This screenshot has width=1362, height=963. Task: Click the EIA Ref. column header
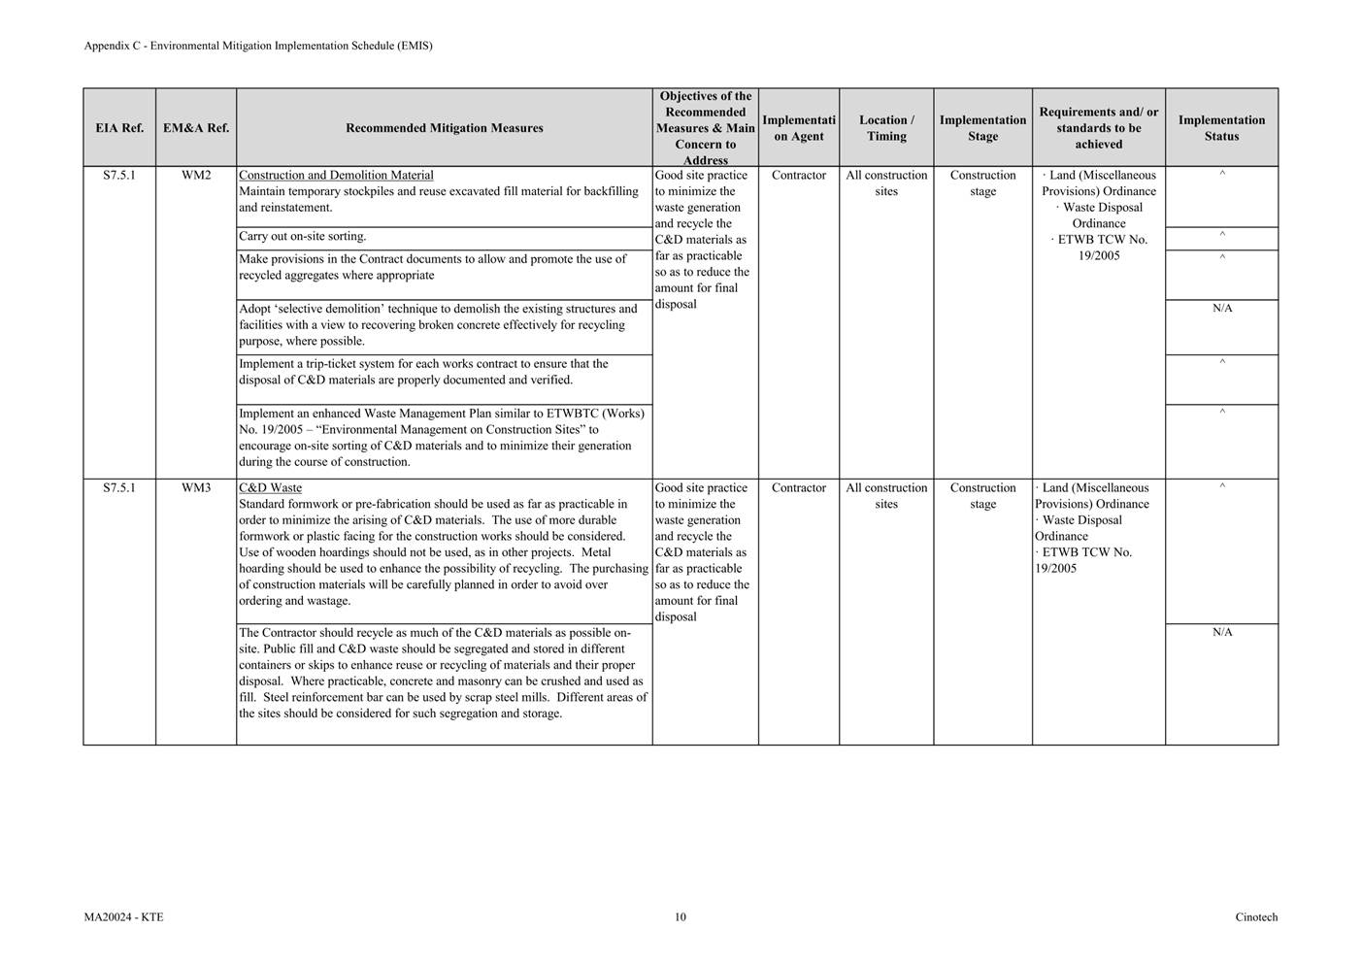coord(119,128)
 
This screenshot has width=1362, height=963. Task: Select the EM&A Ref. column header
coord(196,128)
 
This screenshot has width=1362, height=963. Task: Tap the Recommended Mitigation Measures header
coord(444,128)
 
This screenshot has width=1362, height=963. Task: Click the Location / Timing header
coord(886,128)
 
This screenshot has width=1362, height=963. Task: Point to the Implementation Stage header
coord(982,128)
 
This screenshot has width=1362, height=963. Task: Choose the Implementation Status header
coord(1221,128)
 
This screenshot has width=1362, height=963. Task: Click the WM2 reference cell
coord(196,176)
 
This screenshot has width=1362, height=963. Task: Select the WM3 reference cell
coord(196,488)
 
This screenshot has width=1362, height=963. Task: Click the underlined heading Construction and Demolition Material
coord(336,176)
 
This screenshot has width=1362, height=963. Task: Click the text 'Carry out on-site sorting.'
coord(303,237)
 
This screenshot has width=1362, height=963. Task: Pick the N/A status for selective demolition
coord(1222,309)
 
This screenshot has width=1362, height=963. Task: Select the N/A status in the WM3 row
coord(1222,633)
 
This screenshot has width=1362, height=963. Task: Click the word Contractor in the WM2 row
coord(799,176)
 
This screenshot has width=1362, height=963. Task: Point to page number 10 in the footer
coord(681,917)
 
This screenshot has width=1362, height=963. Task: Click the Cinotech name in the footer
coord(1256,917)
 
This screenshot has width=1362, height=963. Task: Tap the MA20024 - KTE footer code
coord(123,917)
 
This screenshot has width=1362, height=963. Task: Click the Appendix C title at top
coord(258,46)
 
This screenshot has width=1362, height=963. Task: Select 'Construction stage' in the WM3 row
coord(982,496)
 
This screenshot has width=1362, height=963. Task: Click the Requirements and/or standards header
coord(1098,128)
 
